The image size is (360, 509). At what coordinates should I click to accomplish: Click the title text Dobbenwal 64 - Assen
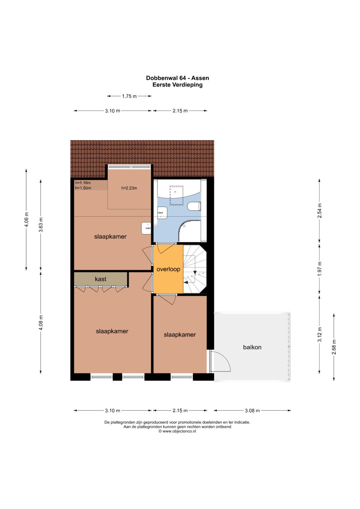177,78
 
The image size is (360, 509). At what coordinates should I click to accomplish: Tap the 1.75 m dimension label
129,96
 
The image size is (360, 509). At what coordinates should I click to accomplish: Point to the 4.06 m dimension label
27,219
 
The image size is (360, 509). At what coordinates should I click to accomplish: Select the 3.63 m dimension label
41,225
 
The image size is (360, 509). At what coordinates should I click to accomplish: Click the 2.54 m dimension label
320,210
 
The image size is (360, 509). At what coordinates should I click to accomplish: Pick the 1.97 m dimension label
320,269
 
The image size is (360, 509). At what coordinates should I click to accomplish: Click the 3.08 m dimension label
252,411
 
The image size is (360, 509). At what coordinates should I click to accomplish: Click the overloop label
168,269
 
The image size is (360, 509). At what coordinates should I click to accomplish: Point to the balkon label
252,347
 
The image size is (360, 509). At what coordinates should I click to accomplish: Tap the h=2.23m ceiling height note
129,188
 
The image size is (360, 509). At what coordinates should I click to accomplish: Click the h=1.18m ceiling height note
83,183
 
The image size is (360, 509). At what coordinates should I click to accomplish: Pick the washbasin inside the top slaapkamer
146,228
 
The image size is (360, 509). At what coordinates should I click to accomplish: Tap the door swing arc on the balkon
224,360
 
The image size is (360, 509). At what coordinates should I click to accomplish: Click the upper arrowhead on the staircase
195,272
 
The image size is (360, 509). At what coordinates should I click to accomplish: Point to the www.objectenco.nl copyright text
177,431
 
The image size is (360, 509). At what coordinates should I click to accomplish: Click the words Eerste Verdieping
177,85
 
